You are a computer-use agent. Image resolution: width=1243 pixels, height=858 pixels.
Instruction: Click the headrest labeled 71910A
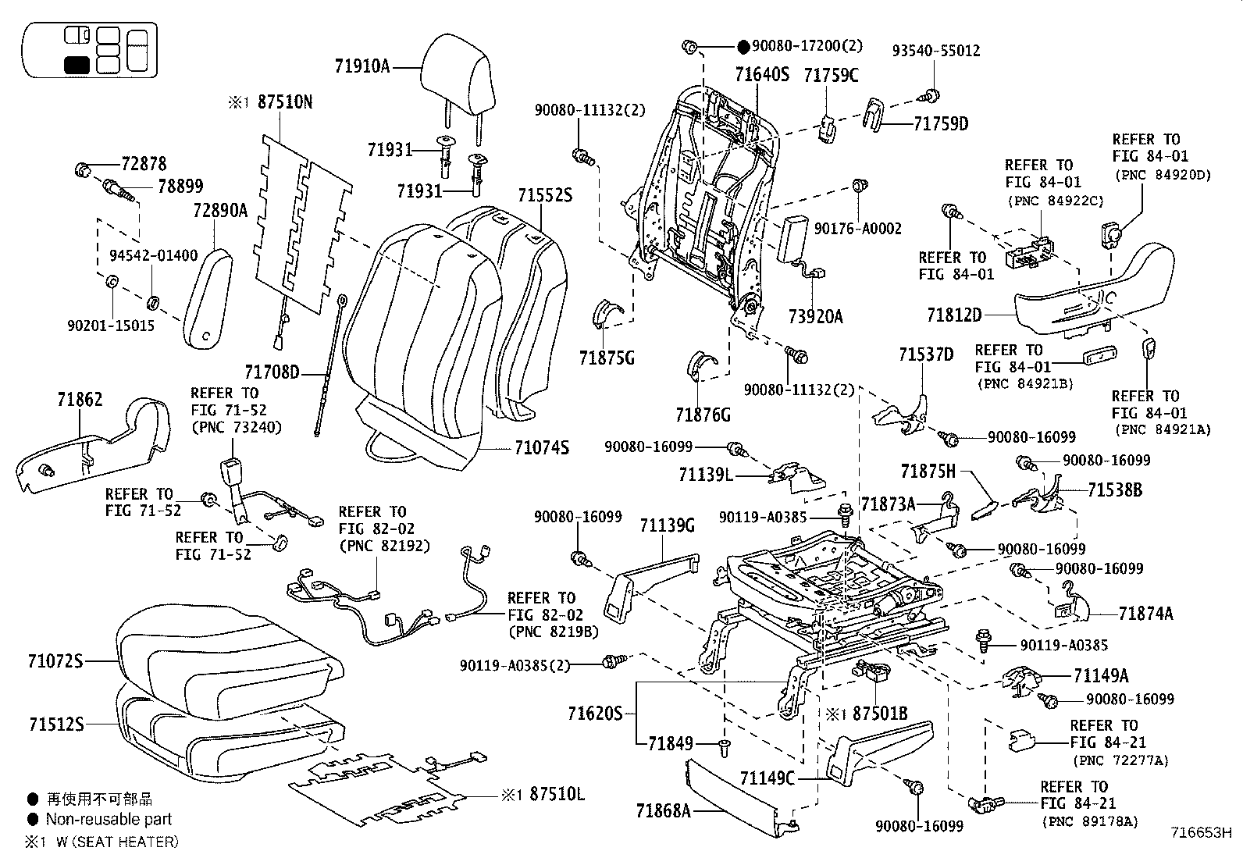click(457, 72)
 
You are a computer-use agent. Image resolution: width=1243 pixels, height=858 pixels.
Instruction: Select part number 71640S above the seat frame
click(762, 74)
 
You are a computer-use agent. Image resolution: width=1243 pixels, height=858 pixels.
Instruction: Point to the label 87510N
click(285, 102)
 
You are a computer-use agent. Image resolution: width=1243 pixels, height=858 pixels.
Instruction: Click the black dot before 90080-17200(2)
click(743, 47)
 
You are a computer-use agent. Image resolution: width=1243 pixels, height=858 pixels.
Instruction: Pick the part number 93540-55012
click(936, 51)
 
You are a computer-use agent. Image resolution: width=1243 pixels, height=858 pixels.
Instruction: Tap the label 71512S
click(56, 724)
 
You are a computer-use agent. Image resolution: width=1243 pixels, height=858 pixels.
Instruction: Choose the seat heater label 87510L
click(557, 794)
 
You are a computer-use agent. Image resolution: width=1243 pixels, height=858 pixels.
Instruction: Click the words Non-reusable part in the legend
click(109, 819)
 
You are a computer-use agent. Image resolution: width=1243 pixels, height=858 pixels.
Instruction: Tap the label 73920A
click(815, 316)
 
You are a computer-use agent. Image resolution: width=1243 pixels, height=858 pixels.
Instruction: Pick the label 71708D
click(272, 372)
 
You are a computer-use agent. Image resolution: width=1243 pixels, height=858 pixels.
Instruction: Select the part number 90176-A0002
click(857, 229)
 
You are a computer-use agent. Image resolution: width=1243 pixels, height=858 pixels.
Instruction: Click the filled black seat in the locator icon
click(77, 65)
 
